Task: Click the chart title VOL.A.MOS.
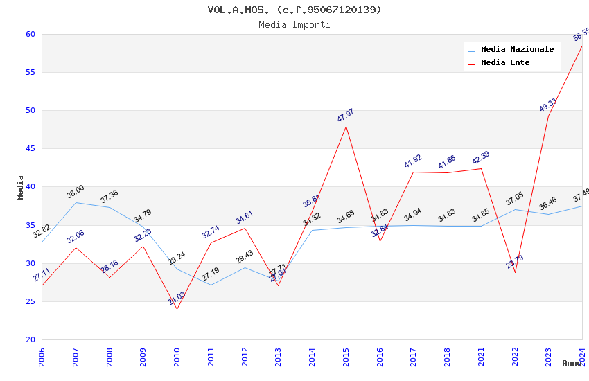coord(294,10)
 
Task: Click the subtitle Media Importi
coord(294,24)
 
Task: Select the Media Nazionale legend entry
coord(517,49)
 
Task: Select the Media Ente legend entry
coord(505,62)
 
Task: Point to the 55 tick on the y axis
coord(30,72)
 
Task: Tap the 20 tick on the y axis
coord(30,339)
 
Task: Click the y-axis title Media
coord(21,187)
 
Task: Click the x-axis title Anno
coord(572,363)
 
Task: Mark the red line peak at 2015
coord(346,126)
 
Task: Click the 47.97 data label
coord(346,115)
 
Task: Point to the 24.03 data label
coord(177,299)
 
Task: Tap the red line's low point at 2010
coord(177,309)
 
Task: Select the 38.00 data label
coord(76,191)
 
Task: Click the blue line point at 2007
coord(76,202)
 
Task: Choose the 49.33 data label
coord(548,105)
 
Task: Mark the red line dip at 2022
coord(515,272)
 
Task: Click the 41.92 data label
coord(413,161)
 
